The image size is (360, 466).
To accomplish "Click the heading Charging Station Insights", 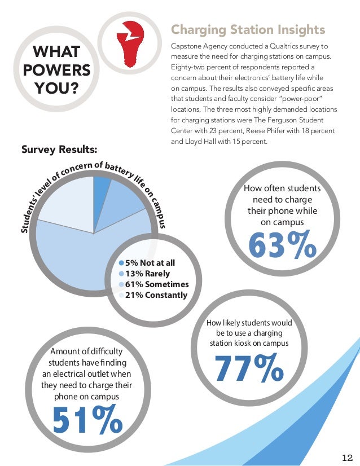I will click(x=248, y=29).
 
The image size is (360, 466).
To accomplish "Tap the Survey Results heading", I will click(x=59, y=150).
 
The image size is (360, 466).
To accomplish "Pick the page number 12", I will click(x=347, y=456).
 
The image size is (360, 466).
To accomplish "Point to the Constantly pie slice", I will click(x=65, y=200).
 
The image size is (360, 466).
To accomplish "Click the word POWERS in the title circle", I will click(x=49, y=71).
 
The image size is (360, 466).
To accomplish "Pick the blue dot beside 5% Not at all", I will click(x=121, y=263).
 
